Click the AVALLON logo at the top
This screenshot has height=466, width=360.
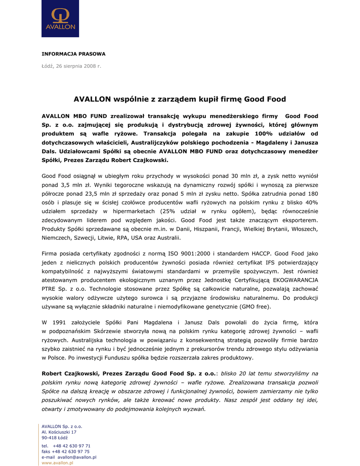pyautogui.click(x=60, y=19)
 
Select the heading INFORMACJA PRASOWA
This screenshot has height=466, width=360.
pyautogui.click(x=73, y=54)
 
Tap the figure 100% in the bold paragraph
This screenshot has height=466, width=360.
pyautogui.click(x=268, y=133)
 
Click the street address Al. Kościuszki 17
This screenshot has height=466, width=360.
pyautogui.click(x=59, y=432)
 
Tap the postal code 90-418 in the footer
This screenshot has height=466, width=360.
pyautogui.click(x=49, y=437)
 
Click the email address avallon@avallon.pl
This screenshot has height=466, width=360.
pyautogui.click(x=76, y=457)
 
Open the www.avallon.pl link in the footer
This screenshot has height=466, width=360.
pyautogui.click(x=57, y=462)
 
